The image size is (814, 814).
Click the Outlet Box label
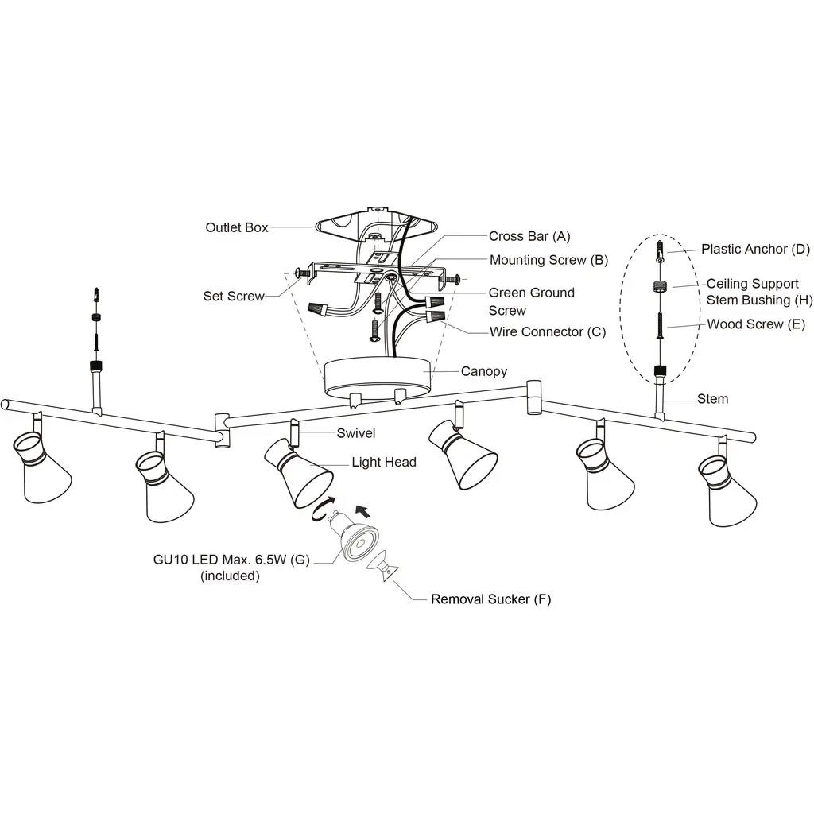pyautogui.click(x=236, y=228)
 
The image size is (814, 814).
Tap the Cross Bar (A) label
pyautogui.click(x=529, y=236)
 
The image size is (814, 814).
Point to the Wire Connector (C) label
pyautogui.click(x=547, y=331)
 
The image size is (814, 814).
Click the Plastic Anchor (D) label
pyautogui.click(x=755, y=249)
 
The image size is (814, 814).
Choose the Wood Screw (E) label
pyautogui.click(x=756, y=324)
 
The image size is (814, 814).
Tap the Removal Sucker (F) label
pyautogui.click(x=490, y=599)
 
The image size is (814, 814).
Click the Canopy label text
pyautogui.click(x=484, y=371)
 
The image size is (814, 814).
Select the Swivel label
pyautogui.click(x=356, y=433)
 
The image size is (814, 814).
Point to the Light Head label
pyautogui.click(x=384, y=463)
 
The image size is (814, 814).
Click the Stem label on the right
pyautogui.click(x=712, y=398)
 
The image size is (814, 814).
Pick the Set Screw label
pyautogui.click(x=234, y=297)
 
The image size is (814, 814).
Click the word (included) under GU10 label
pyautogui.click(x=230, y=576)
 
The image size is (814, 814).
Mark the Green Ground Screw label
pyautogui.click(x=531, y=301)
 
